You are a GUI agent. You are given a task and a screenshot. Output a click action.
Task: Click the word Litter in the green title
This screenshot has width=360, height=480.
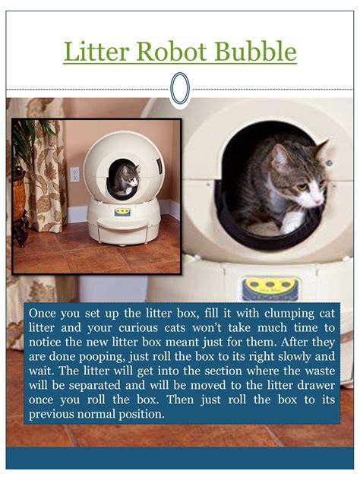click(x=97, y=52)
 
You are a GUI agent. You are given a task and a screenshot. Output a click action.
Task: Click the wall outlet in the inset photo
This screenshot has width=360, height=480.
click(x=74, y=174)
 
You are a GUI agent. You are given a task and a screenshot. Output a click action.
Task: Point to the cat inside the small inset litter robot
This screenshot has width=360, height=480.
click(x=125, y=181)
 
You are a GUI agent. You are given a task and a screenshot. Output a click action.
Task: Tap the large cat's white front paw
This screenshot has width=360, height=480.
click(x=291, y=223)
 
